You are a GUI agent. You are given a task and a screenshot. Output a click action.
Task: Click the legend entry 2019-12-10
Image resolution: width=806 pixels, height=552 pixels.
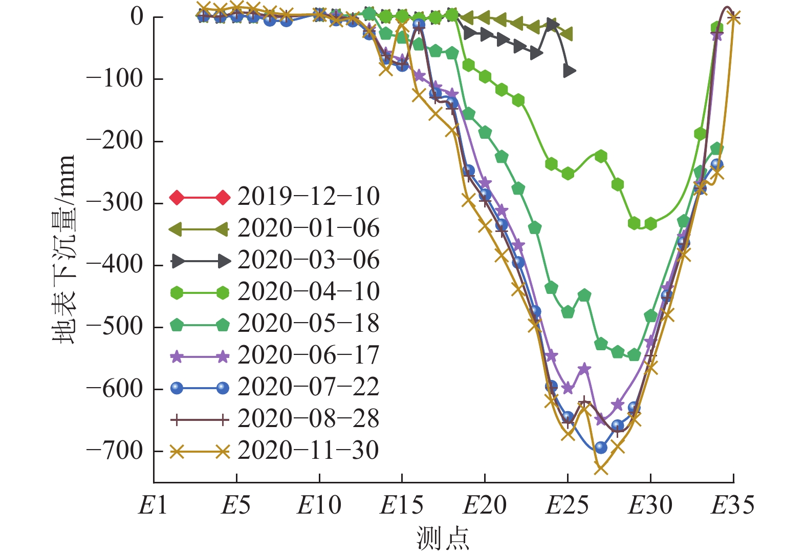(x=308, y=197)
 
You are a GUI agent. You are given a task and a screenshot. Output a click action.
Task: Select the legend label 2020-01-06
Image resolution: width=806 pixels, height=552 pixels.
(x=308, y=228)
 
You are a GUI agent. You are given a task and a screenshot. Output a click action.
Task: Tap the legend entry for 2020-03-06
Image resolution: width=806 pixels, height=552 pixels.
(x=308, y=260)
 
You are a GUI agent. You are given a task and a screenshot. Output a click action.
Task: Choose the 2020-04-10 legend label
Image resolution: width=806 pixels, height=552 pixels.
(x=308, y=292)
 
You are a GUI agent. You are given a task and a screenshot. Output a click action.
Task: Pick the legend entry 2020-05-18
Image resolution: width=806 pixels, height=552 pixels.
(x=308, y=324)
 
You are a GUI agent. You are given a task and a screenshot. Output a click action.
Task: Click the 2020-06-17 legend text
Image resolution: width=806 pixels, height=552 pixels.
(x=308, y=355)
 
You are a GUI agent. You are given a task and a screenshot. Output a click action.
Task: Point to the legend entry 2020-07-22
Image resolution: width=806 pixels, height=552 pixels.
(x=308, y=387)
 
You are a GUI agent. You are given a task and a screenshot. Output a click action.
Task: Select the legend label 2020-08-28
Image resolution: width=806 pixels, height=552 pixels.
(x=308, y=419)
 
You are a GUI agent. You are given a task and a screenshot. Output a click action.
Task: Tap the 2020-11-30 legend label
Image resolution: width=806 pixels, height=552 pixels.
(x=308, y=451)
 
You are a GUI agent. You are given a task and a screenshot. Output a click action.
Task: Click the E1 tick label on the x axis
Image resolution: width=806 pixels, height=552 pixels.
(x=153, y=506)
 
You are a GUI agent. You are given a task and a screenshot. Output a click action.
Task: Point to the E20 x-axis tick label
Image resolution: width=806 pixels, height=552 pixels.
(x=485, y=506)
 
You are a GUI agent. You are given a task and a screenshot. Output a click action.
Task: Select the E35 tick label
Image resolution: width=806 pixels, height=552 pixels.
(x=733, y=506)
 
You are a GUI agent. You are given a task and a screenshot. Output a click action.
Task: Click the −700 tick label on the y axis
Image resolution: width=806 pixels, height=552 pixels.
(x=115, y=451)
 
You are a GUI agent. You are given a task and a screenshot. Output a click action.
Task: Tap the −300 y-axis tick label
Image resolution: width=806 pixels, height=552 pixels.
(x=115, y=203)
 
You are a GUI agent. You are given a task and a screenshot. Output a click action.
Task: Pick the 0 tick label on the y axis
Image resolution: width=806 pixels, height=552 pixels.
(x=137, y=17)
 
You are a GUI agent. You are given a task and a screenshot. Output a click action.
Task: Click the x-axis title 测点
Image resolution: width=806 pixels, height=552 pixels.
(x=443, y=538)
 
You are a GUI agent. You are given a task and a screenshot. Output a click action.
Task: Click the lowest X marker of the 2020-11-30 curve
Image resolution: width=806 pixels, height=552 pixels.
(x=601, y=468)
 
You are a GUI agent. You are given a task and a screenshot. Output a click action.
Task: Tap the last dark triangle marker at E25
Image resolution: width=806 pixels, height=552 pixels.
(x=569, y=71)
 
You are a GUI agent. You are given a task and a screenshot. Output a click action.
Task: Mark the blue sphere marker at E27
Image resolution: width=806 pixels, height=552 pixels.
(x=601, y=448)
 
